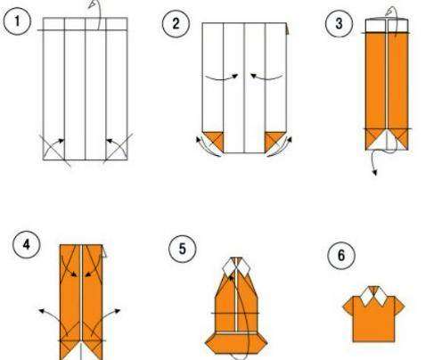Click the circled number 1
[17, 21]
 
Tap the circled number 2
[176, 23]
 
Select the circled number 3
[339, 23]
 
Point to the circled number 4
[27, 245]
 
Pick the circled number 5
[183, 249]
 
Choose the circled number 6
[341, 256]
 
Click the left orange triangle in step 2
[216, 140]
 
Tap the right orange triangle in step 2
[274, 140]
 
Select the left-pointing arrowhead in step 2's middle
[254, 76]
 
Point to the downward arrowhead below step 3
[375, 172]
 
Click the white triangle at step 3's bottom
[387, 141]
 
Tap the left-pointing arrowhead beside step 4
[42, 311]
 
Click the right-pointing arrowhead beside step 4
[118, 311]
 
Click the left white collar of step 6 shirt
[366, 297]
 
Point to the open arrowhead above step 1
[93, 4]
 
